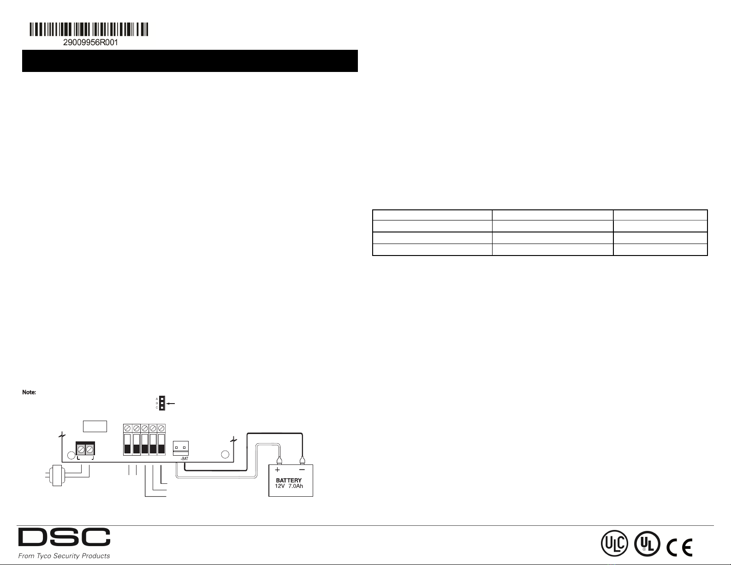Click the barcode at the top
[x=89, y=30]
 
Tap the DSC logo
[x=64, y=538]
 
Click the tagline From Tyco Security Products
[x=64, y=556]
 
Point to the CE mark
[x=679, y=547]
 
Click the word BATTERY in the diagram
[x=289, y=480]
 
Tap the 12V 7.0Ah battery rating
[x=289, y=487]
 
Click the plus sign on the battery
[x=278, y=470]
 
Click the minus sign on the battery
[x=302, y=470]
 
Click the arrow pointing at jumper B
[x=172, y=404]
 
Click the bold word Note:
[x=29, y=393]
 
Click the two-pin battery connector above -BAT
[x=180, y=447]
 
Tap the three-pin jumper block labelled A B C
[x=162, y=403]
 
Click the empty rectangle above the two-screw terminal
[x=95, y=426]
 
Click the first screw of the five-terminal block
[x=128, y=428]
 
